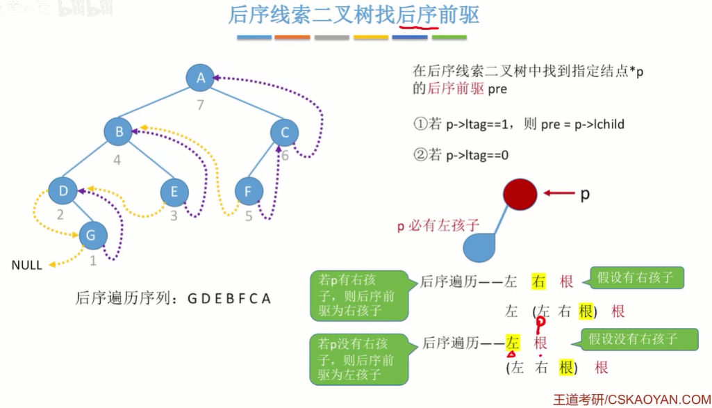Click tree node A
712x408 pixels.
pos(200,78)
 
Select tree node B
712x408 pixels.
pos(118,131)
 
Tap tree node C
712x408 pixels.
pos(284,132)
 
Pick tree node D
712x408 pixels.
pos(63,190)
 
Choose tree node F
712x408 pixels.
pos(248,191)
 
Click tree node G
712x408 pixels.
pos(92,235)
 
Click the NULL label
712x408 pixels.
pos(26,265)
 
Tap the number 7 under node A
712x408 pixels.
pos(201,106)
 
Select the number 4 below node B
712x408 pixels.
pos(117,160)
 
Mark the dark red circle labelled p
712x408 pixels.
pos(520,195)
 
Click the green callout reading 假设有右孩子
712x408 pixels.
pos(636,278)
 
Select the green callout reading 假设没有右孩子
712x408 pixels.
pos(638,339)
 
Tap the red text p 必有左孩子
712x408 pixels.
pos(438,225)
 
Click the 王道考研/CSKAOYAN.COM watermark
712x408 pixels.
pos(631,399)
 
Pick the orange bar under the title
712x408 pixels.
pos(292,37)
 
